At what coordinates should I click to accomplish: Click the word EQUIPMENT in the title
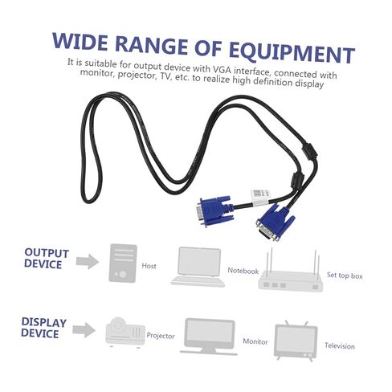(x=292, y=53)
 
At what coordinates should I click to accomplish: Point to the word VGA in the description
(x=223, y=70)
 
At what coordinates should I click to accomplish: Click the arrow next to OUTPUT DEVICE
(x=88, y=261)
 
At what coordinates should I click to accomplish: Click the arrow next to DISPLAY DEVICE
(x=84, y=330)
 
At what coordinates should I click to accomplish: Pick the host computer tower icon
(x=123, y=263)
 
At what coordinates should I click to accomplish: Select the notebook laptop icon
(x=198, y=267)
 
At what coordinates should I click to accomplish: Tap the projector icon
(x=125, y=333)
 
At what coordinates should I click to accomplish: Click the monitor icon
(x=209, y=337)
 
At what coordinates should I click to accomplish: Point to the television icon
(x=296, y=341)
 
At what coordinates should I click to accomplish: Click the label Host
(x=149, y=266)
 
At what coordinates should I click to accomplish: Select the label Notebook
(x=243, y=271)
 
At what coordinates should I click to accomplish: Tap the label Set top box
(x=345, y=276)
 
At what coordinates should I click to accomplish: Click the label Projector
(x=161, y=336)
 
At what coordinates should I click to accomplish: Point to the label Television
(x=340, y=346)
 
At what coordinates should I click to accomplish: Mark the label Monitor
(x=255, y=341)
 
